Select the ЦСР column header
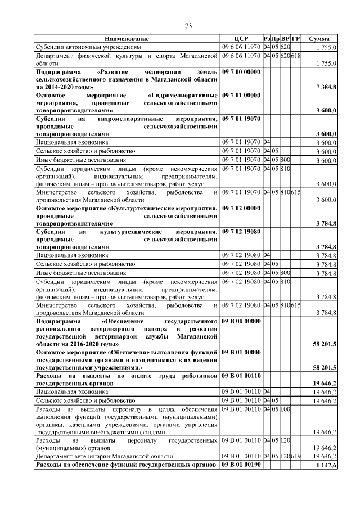(241, 39)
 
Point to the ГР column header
(296, 39)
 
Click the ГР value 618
(296, 56)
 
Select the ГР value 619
(296, 456)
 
